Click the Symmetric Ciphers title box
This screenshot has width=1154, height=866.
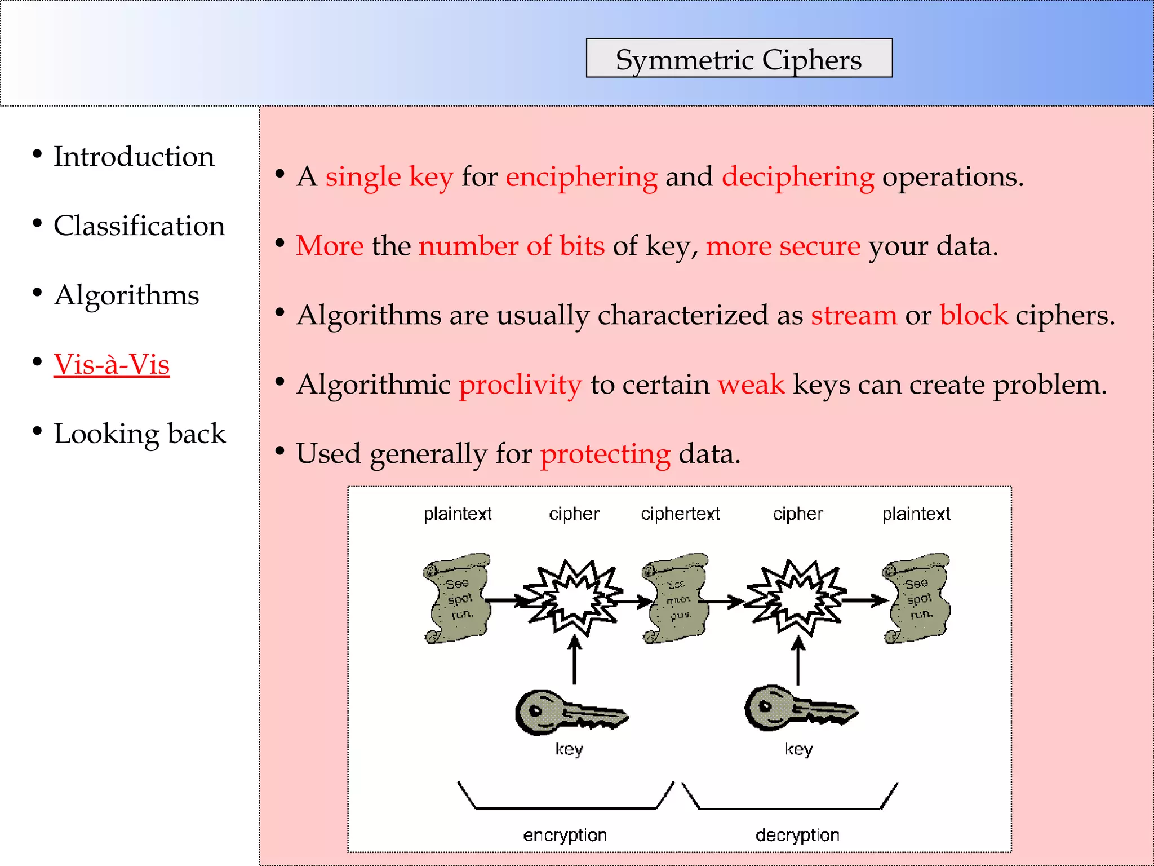(x=739, y=59)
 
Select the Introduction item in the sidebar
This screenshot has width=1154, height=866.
(x=134, y=156)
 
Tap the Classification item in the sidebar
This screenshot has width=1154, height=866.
(x=139, y=226)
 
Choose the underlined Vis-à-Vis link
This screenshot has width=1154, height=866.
(x=112, y=364)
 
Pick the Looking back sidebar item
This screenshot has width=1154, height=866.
(x=139, y=434)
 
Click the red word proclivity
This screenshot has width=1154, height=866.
(x=520, y=385)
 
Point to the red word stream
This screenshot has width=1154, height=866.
(x=854, y=315)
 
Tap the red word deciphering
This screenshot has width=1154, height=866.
(x=798, y=177)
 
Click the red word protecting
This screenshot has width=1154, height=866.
(x=605, y=454)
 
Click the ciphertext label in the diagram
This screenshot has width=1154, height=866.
(x=680, y=514)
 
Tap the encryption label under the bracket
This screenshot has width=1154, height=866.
(x=565, y=835)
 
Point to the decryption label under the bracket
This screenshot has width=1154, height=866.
(x=797, y=835)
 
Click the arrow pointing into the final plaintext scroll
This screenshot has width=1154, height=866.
(x=864, y=601)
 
